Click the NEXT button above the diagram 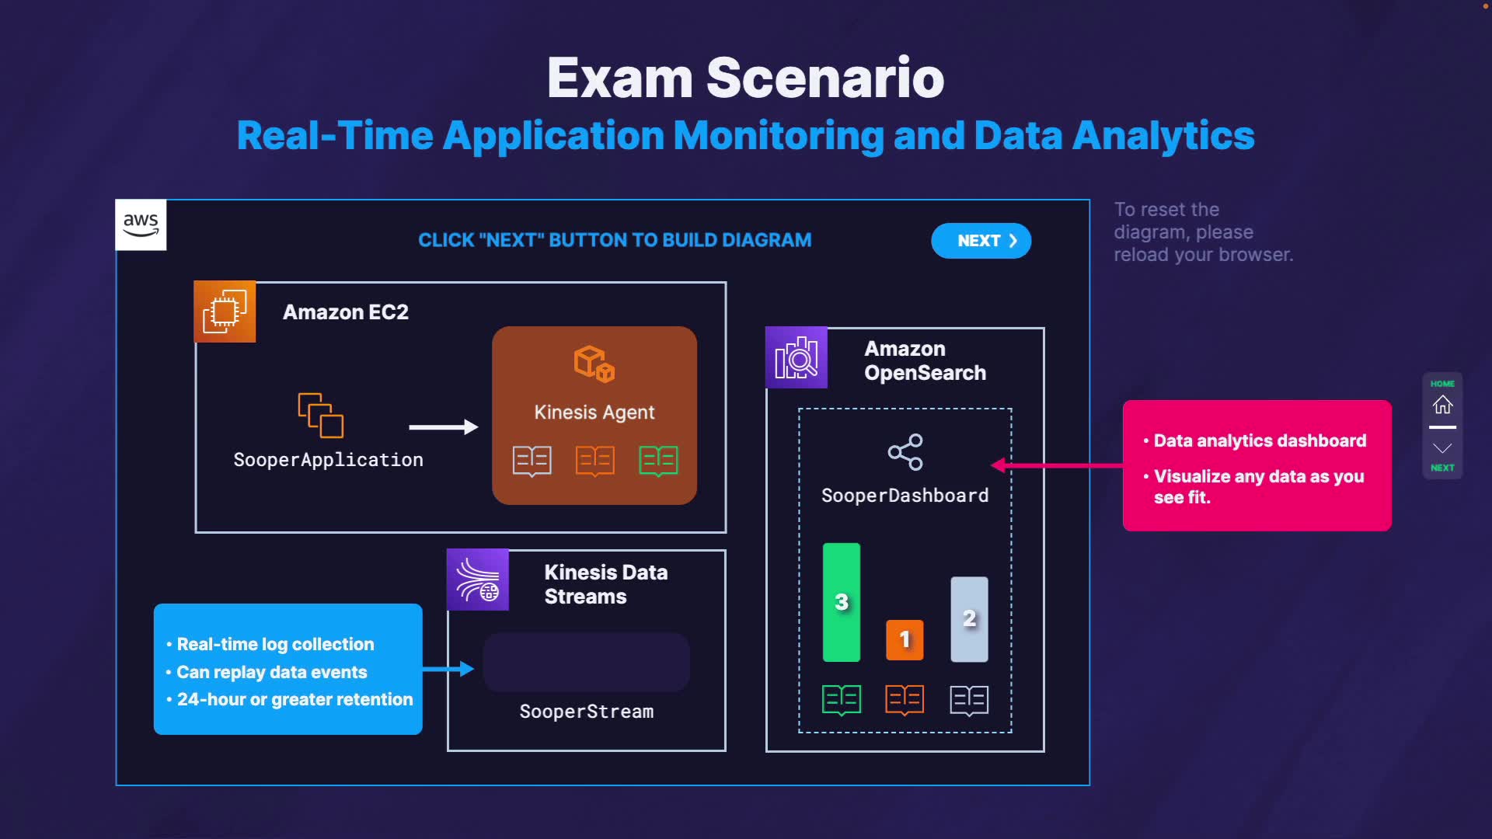pos(981,241)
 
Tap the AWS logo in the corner pos(141,225)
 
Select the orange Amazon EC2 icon pos(225,312)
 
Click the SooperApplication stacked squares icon pos(321,416)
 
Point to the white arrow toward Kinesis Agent pos(443,426)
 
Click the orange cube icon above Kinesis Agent pos(594,364)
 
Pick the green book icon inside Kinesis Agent pos(658,461)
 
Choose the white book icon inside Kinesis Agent pos(532,461)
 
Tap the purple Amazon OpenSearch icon pos(797,358)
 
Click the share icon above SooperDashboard pos(905,452)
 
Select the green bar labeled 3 pos(842,602)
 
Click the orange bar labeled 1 pos(905,639)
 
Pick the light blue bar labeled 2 pos(969,619)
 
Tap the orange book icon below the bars pos(905,700)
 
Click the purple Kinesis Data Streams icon pos(478,580)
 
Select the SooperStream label pos(587,712)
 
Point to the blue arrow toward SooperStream pos(448,669)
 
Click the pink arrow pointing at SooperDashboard pos(1057,465)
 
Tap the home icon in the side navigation pos(1442,405)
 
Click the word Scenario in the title pos(824,78)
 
